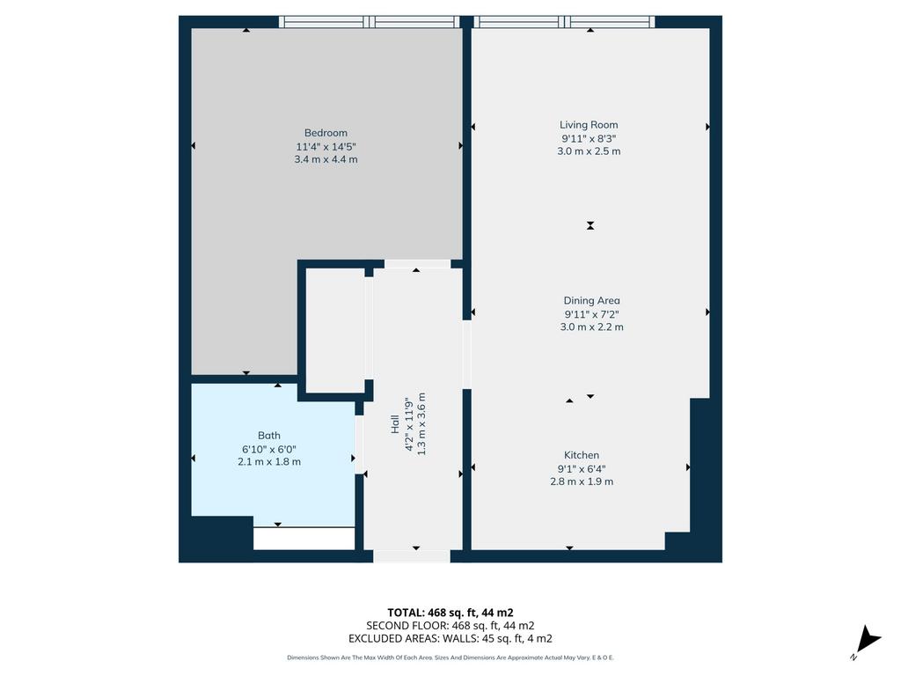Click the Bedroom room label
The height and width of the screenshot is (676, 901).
coord(326,133)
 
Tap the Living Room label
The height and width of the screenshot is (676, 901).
coord(589,125)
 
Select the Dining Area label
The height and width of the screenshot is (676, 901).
coord(592,301)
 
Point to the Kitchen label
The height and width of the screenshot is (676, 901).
coord(582,455)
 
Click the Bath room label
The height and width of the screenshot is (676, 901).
coord(269,436)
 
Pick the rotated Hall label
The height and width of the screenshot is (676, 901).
coord(395,424)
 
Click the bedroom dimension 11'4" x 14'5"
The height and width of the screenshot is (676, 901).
coord(326,147)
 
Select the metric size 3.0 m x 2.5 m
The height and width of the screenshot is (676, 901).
coord(589,151)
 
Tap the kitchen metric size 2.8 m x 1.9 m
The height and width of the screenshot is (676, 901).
coord(582,481)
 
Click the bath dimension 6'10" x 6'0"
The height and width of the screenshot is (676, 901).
coord(269,449)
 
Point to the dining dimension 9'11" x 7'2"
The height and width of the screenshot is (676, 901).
coord(592,314)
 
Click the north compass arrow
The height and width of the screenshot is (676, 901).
coord(868,641)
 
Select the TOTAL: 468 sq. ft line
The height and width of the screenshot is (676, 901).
coord(450,613)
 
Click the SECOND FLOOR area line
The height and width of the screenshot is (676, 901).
coord(450,626)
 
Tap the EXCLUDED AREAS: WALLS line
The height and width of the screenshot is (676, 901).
coord(450,639)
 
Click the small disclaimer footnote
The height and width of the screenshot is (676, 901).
coord(450,658)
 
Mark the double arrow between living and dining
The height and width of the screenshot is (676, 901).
coord(590,225)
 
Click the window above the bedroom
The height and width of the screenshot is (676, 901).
coord(370,22)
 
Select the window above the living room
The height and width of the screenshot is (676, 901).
coord(564,22)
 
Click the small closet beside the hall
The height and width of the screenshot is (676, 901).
coord(335,331)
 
